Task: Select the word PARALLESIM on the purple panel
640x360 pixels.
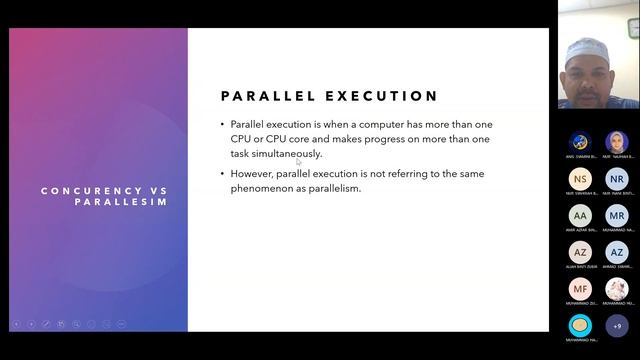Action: tap(120, 201)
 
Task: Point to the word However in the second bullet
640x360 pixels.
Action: tap(253, 173)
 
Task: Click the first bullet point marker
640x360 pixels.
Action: tap(223, 125)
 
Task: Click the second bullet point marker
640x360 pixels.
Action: tap(223, 173)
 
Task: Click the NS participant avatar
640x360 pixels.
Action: tap(580, 179)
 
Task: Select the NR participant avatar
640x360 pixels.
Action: tap(617, 179)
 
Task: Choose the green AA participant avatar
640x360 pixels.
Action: tap(580, 215)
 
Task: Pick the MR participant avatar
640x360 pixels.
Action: tap(617, 215)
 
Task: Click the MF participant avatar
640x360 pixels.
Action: tap(580, 289)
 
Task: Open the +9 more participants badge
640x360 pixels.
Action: tap(617, 325)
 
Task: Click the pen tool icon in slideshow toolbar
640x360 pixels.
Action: tap(46, 323)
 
